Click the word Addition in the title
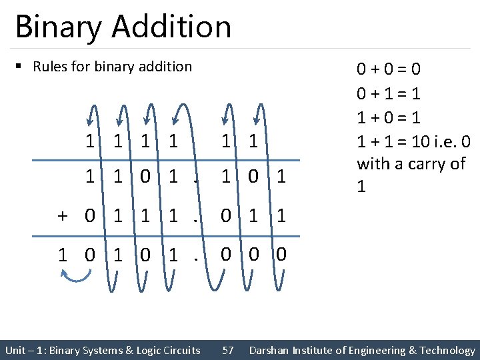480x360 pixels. click(x=172, y=27)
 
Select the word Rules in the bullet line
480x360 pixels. click(x=49, y=67)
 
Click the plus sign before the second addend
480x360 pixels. click(x=62, y=217)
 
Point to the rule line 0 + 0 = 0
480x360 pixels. click(x=389, y=69)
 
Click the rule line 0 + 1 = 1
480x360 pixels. click(x=389, y=93)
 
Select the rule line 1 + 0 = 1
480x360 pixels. click(x=389, y=117)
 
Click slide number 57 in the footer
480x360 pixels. click(x=227, y=350)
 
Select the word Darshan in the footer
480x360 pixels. click(x=271, y=350)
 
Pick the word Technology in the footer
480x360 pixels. click(x=449, y=350)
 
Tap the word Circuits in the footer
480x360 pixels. click(x=179, y=350)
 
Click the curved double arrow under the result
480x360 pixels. click(x=77, y=275)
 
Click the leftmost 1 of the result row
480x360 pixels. click(x=62, y=255)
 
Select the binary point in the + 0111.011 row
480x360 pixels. click(x=193, y=217)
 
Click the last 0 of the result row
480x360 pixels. click(x=281, y=255)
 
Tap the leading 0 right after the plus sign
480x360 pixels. click(x=89, y=217)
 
